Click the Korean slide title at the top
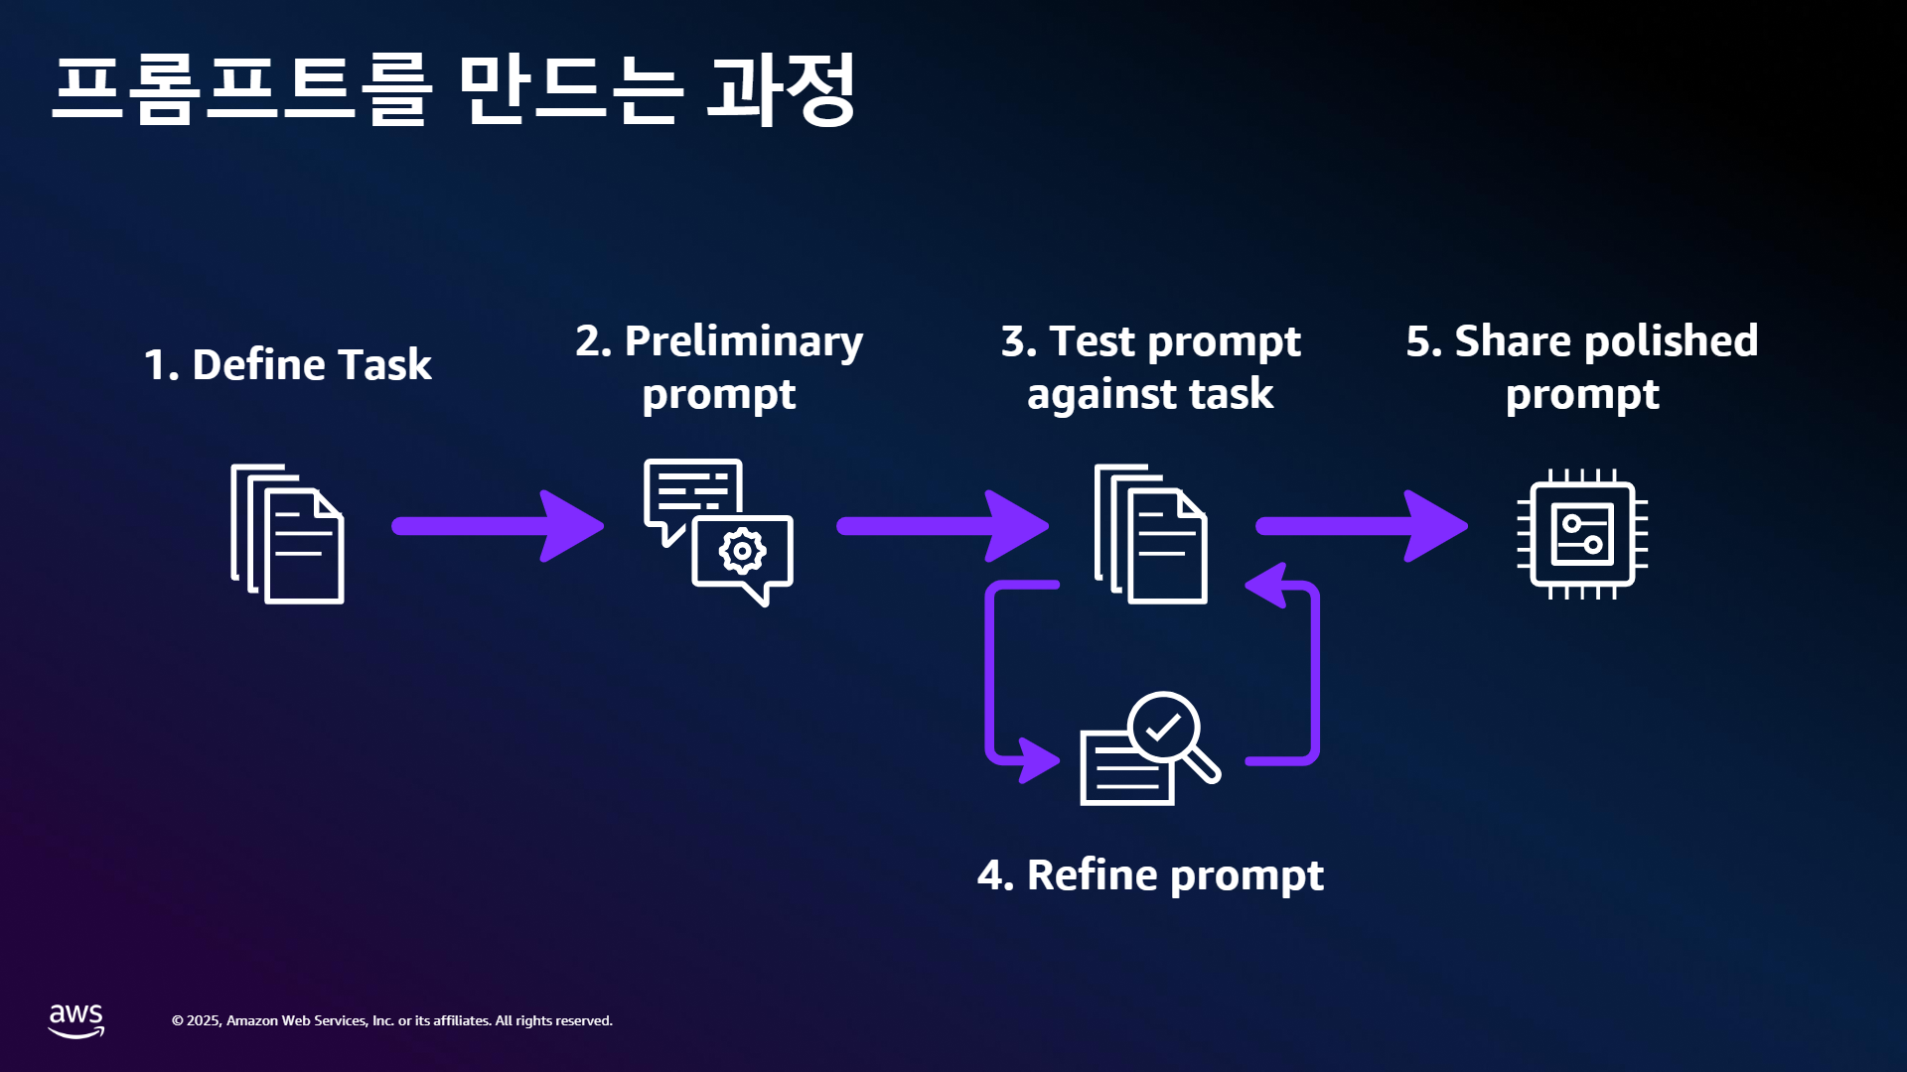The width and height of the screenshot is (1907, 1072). pos(454,89)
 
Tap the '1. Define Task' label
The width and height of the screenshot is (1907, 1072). pos(288,364)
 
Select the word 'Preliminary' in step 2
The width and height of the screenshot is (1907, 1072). pos(744,342)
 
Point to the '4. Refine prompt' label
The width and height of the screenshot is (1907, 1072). pos(1150,875)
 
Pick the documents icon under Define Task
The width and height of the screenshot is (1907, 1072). pos(287,534)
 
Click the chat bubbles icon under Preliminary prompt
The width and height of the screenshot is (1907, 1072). pos(718,532)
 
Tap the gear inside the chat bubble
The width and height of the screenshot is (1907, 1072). pos(742,551)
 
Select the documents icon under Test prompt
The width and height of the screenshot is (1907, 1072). pos(1150,534)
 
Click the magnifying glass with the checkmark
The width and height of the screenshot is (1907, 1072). pos(1173,736)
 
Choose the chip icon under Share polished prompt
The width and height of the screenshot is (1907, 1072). pos(1582,534)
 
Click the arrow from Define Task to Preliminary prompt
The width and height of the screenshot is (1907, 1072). pos(498,526)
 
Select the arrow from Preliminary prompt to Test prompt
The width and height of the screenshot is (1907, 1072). pos(943,526)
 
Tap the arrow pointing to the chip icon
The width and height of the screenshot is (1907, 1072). pos(1362,526)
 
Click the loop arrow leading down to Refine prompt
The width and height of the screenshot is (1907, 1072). pos(990,675)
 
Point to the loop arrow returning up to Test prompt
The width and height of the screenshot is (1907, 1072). pos(1315,675)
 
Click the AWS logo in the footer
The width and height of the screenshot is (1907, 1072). pos(76,1020)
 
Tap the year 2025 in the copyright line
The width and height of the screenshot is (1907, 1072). pos(204,1020)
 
